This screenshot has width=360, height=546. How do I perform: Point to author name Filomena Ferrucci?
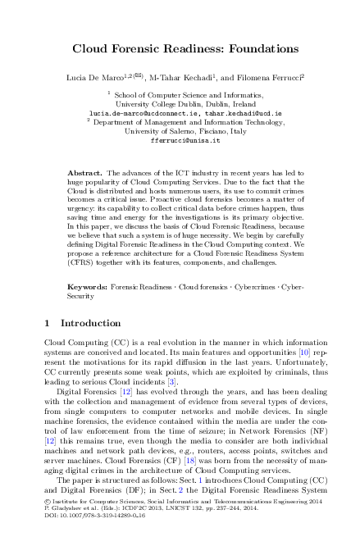(x=264, y=76)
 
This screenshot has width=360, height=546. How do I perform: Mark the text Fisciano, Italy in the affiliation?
(x=212, y=131)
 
